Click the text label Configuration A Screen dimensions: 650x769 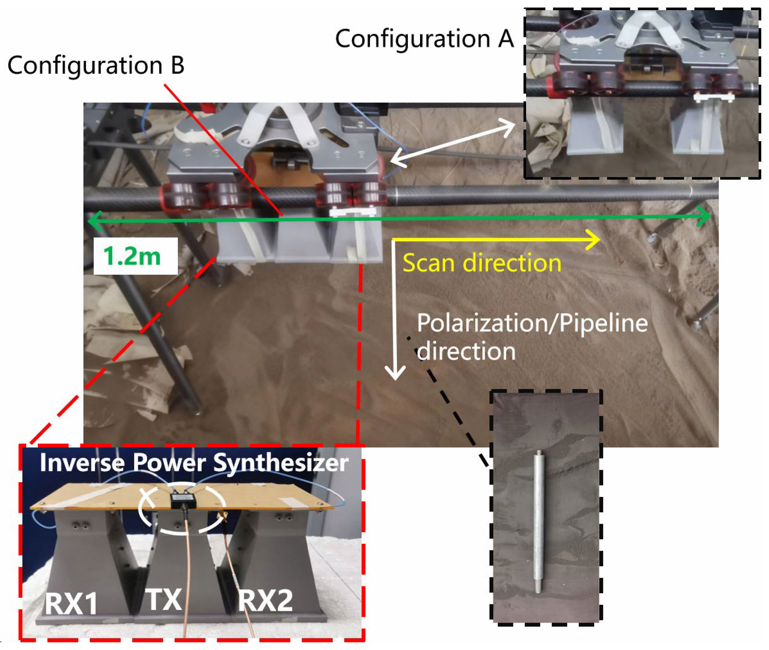[424, 39]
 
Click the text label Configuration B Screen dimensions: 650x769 [96, 66]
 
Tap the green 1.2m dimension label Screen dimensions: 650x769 [132, 256]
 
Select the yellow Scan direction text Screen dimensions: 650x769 [481, 263]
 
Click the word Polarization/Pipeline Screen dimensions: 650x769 [532, 323]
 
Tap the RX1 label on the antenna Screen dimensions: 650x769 [71, 603]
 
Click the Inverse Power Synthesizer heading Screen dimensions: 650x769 [194, 462]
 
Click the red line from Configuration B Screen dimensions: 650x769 [221, 147]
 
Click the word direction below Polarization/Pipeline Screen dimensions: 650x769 [466, 351]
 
